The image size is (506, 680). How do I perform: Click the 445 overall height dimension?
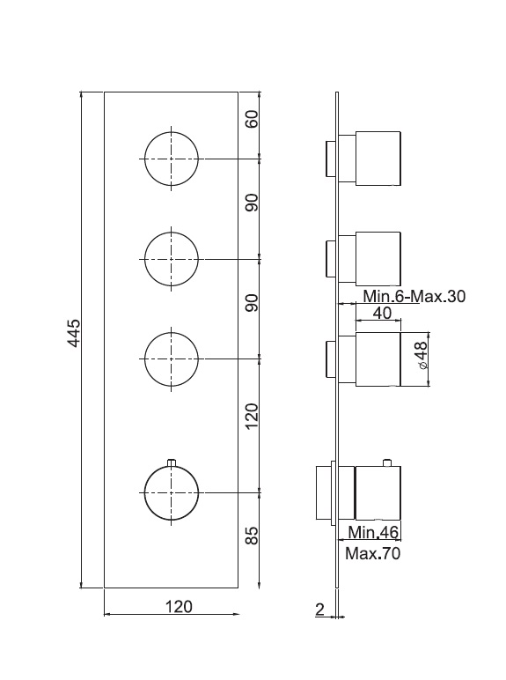point(75,333)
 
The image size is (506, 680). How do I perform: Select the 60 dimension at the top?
point(252,119)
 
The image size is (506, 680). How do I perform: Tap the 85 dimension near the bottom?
point(252,536)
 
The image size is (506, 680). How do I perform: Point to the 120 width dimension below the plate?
point(179,606)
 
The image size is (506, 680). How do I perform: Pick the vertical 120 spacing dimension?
point(252,417)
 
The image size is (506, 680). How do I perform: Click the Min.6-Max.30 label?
point(414,296)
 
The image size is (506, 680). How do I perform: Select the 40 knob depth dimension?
point(382,313)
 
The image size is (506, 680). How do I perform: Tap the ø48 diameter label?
point(422,355)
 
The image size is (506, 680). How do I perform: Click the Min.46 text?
point(373,532)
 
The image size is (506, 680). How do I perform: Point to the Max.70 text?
point(373,553)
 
